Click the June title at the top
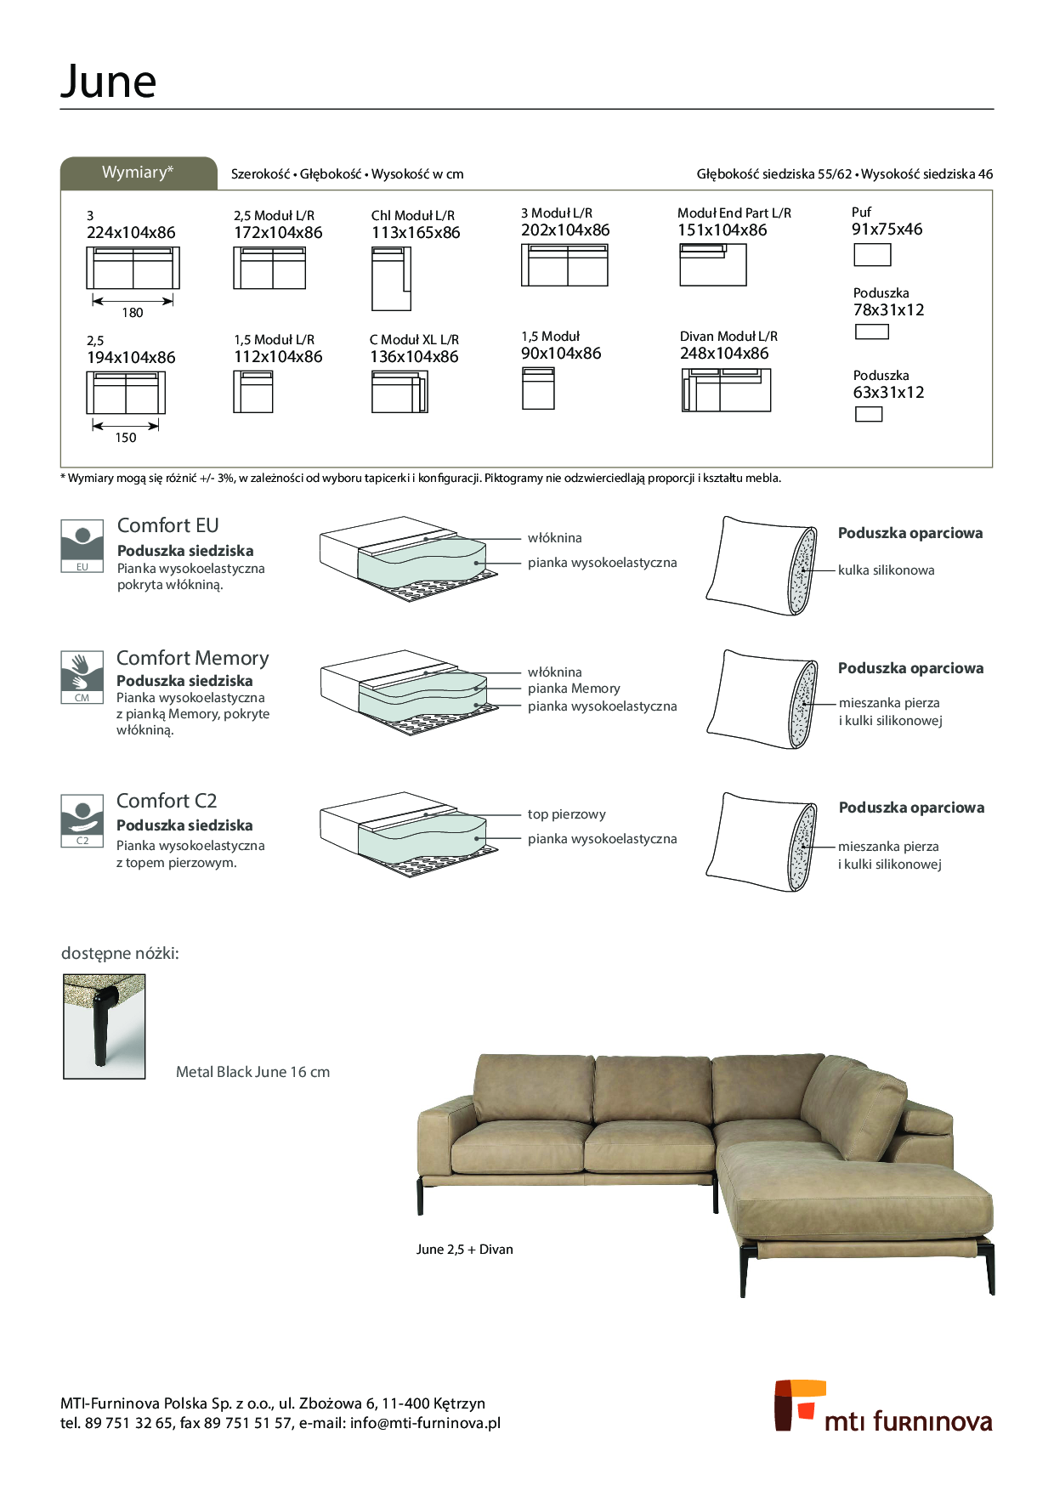point(108,82)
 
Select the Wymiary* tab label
point(138,173)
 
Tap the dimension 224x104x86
point(131,233)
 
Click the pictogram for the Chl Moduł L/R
point(391,279)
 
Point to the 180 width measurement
point(133,313)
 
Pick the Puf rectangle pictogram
point(872,255)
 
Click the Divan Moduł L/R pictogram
point(726,390)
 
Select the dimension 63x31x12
point(888,393)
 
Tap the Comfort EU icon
point(82,546)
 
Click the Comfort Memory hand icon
point(82,677)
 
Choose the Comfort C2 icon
point(82,820)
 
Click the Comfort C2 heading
point(167,801)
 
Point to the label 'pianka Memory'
point(574,689)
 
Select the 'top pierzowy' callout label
point(567,814)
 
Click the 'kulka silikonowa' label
point(887,570)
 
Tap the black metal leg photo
point(105,1027)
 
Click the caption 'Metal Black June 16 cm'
point(252,1072)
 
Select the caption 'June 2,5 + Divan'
point(465,1250)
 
